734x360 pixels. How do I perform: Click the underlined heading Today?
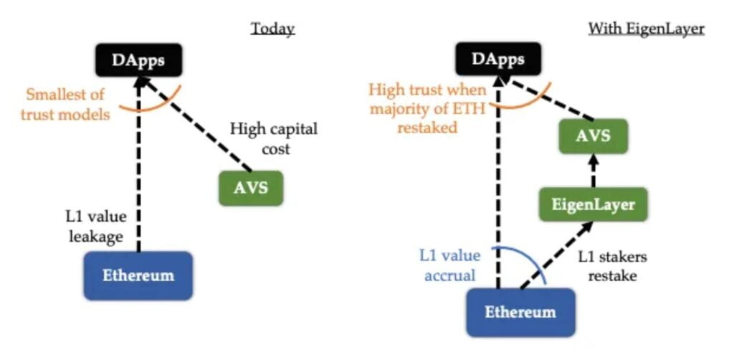[272, 29]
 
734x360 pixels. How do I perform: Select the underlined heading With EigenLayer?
[646, 29]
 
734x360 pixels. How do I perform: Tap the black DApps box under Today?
[138, 60]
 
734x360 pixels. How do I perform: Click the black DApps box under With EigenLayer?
[497, 60]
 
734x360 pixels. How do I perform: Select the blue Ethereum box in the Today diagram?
[138, 275]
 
